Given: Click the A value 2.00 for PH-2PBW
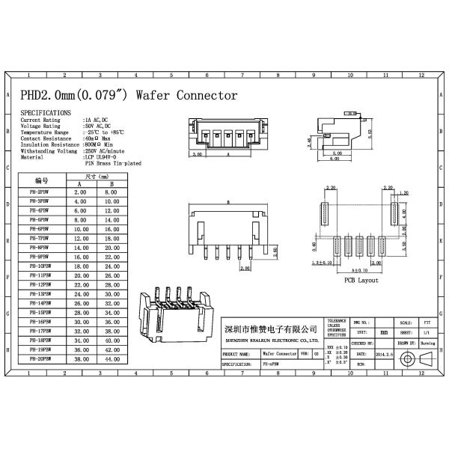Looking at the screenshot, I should (x=80, y=192).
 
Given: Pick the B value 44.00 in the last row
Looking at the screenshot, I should (x=112, y=359).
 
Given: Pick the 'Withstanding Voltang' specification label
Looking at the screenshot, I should (x=49, y=150).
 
